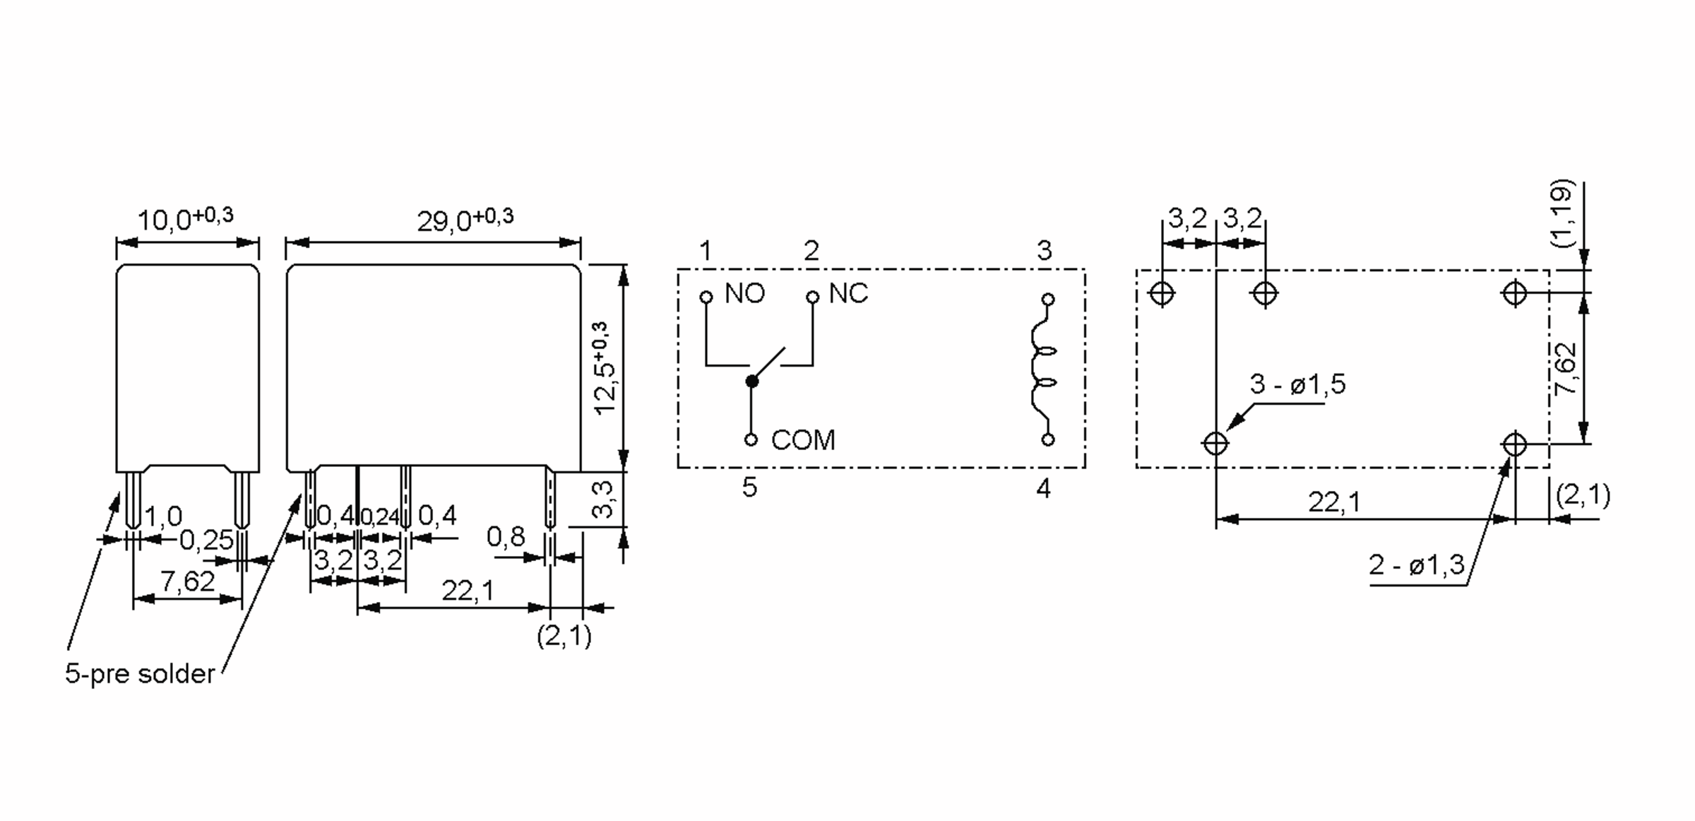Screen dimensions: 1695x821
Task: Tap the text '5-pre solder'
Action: (x=140, y=673)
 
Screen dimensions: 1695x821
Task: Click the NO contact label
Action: (x=745, y=293)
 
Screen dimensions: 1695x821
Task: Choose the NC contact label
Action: (x=848, y=293)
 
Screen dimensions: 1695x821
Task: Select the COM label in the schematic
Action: (x=803, y=440)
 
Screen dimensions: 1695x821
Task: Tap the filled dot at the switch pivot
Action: (x=751, y=382)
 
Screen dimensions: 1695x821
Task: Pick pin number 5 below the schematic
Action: (x=749, y=488)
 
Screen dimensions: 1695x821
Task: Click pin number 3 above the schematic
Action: (x=1045, y=250)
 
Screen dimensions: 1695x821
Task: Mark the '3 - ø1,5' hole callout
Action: (x=1297, y=384)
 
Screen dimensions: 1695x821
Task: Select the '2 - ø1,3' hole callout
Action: (x=1417, y=565)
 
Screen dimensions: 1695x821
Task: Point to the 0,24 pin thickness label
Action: (x=380, y=517)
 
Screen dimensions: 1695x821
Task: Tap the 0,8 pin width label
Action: (x=506, y=538)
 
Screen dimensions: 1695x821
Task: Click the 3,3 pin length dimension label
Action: (x=602, y=499)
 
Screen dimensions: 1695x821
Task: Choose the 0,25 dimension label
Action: (x=206, y=541)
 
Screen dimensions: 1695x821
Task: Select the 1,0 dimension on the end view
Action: (x=163, y=516)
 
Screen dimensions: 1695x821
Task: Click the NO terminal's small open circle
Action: (x=706, y=297)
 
